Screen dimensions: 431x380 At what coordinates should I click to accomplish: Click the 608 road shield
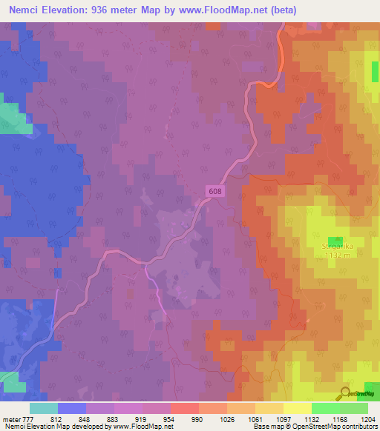pyautogui.click(x=214, y=191)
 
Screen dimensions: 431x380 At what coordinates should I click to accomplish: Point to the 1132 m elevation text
pyautogui.click(x=336, y=255)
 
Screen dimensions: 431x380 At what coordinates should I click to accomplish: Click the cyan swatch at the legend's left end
pyautogui.click(x=44, y=408)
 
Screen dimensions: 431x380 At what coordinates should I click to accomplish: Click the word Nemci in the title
pyautogui.click(x=20, y=10)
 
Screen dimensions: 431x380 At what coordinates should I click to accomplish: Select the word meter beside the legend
pyautogui.click(x=11, y=418)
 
